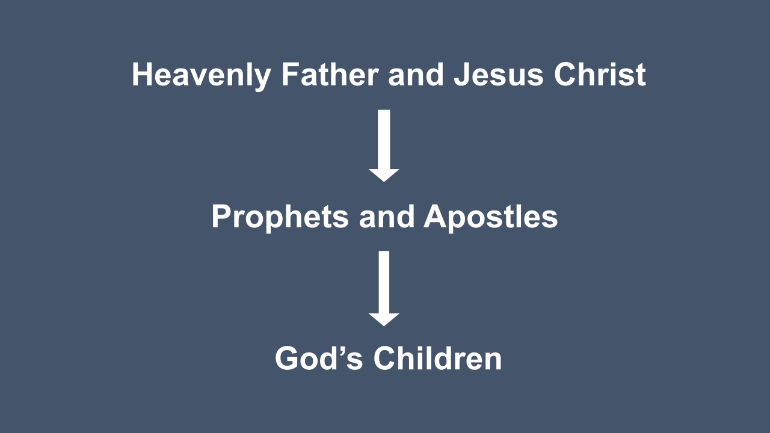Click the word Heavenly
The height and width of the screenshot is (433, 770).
click(x=202, y=76)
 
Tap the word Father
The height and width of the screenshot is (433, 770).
click(x=330, y=74)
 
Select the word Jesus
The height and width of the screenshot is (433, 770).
click(x=499, y=74)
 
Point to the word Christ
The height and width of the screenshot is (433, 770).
click(x=600, y=74)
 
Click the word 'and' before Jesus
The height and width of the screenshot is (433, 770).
click(x=416, y=74)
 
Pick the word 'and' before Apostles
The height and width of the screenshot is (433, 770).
click(x=387, y=216)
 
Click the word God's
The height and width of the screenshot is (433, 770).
click(x=319, y=358)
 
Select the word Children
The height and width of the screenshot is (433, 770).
click(x=437, y=358)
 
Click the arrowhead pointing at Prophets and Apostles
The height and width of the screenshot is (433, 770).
click(x=384, y=174)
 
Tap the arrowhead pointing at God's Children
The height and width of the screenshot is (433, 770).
click(x=384, y=319)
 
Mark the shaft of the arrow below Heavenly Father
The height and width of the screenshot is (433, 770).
click(x=384, y=139)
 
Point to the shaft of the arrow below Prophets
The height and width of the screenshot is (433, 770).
click(x=384, y=282)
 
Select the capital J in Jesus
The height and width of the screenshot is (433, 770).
click(x=462, y=74)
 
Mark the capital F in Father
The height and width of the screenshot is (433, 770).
click(x=291, y=74)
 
